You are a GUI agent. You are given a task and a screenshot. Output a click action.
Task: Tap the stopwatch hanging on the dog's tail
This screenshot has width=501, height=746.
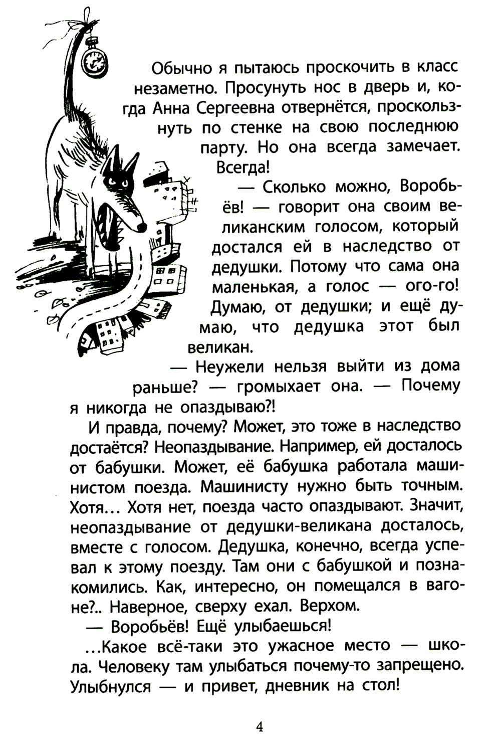coord(94,59)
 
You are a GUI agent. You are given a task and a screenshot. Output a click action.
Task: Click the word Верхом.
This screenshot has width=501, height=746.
coord(330,606)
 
